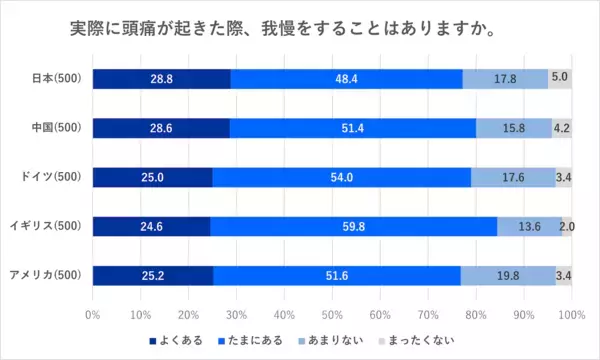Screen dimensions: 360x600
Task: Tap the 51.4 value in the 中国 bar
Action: (352, 128)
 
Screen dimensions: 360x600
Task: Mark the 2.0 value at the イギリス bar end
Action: (566, 226)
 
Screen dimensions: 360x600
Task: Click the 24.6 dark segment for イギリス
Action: (151, 226)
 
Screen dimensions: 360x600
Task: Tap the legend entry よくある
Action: (182, 340)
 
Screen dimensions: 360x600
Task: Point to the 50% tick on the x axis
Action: (332, 314)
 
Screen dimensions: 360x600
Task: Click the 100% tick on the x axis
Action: (571, 314)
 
